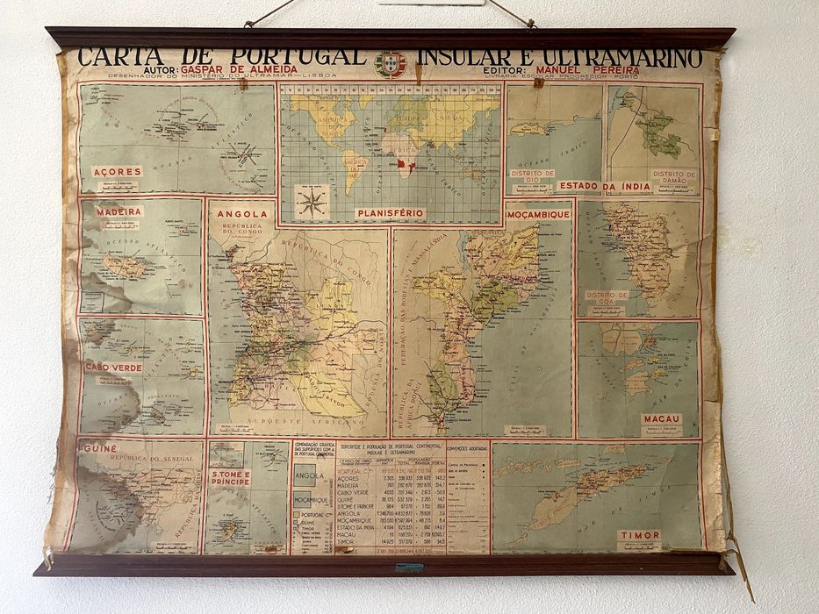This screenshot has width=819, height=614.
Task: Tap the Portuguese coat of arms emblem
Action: click(x=391, y=63)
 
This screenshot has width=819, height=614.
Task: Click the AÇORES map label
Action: click(x=117, y=172)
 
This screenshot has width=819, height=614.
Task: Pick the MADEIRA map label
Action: click(x=119, y=211)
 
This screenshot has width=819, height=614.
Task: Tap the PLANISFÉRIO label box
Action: click(x=391, y=213)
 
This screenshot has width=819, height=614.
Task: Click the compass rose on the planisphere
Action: click(x=311, y=203)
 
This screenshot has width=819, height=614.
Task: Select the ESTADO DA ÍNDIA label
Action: click(x=604, y=187)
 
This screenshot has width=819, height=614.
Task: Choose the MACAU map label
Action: click(x=661, y=419)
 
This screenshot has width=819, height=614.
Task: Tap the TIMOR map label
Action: click(x=639, y=535)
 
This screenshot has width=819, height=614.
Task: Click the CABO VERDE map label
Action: click(x=113, y=368)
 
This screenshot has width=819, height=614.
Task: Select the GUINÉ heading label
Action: click(x=100, y=448)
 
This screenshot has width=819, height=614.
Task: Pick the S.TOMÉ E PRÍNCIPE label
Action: click(x=230, y=479)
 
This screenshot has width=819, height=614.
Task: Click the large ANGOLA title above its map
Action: click(x=241, y=213)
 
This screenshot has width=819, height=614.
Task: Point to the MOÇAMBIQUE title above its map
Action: click(x=538, y=213)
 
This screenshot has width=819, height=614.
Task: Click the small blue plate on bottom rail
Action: click(x=409, y=568)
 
